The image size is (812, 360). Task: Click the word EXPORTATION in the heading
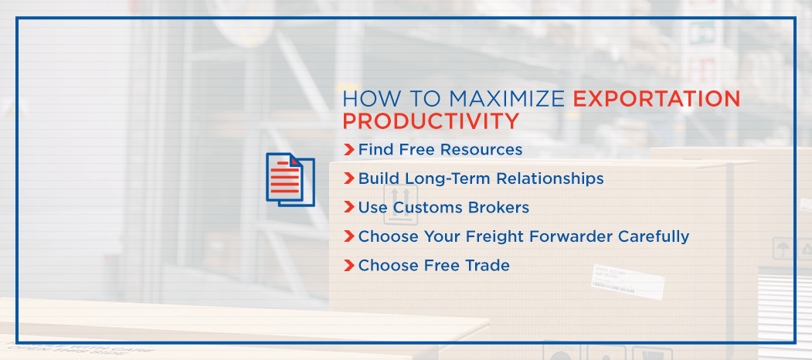pyautogui.click(x=657, y=99)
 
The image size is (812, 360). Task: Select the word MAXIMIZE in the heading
pyautogui.click(x=507, y=99)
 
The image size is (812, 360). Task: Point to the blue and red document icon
pyautogui.click(x=290, y=180)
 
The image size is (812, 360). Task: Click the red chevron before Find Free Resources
pyautogui.click(x=348, y=150)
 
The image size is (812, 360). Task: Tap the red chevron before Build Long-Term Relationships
pyautogui.click(x=348, y=178)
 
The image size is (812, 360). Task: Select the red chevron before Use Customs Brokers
pyautogui.click(x=348, y=208)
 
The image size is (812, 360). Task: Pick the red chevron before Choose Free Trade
pyautogui.click(x=348, y=266)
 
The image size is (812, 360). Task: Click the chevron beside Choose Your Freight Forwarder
pyautogui.click(x=348, y=236)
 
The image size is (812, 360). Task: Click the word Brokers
pyautogui.click(x=498, y=208)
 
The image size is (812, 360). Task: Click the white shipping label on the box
pyautogui.click(x=628, y=281)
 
